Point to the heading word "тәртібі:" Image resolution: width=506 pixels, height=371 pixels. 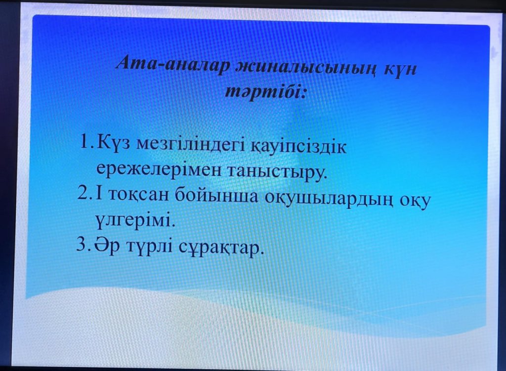click(x=265, y=91)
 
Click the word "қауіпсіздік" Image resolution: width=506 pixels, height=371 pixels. click(x=298, y=147)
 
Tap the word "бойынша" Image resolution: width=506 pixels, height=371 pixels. click(x=217, y=196)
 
